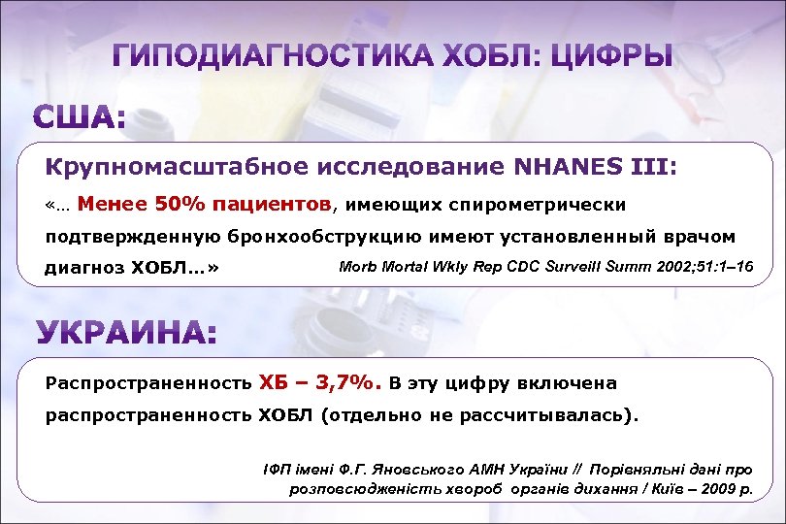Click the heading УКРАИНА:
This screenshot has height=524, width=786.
point(126,334)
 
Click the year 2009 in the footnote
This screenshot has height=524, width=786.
point(723,489)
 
